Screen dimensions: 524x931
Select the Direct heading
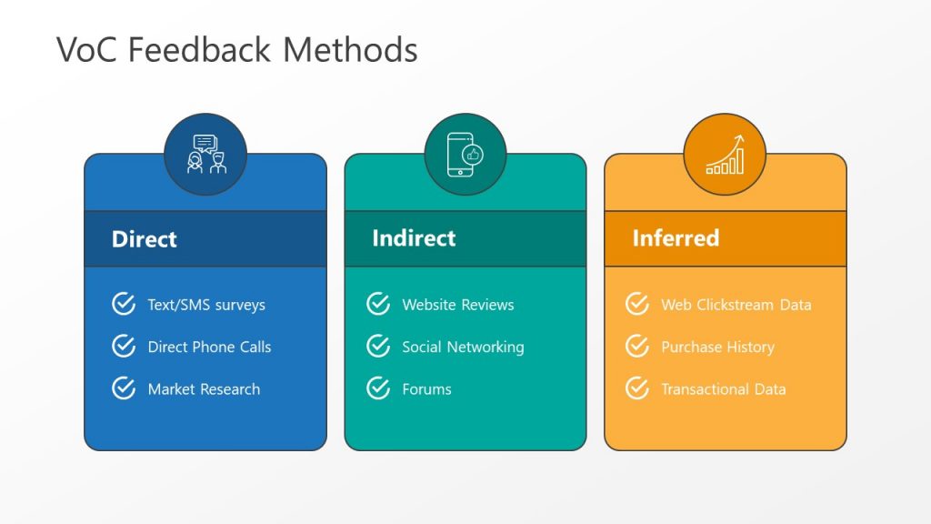point(144,239)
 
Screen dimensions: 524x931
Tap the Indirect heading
point(414,238)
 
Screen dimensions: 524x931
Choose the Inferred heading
point(676,238)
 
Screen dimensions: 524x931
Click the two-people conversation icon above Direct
point(205,154)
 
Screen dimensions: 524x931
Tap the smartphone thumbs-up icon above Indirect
point(465,154)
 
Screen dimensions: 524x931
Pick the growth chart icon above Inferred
point(725,154)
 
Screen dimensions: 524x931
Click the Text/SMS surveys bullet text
point(206,305)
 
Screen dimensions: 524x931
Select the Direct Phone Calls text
point(209,347)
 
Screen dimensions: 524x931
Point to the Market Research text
point(204,389)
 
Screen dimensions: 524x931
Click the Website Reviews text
point(458,305)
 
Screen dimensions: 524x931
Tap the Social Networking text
point(463,347)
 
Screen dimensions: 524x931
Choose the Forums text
point(426,389)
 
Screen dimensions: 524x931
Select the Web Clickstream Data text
point(736,305)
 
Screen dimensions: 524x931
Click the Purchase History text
point(717,347)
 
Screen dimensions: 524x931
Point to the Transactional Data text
point(723,389)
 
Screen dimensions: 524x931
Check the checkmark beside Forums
point(378,388)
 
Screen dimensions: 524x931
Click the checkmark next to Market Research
point(124,388)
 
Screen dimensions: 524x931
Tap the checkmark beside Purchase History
point(637,346)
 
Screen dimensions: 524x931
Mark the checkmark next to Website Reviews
point(378,304)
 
